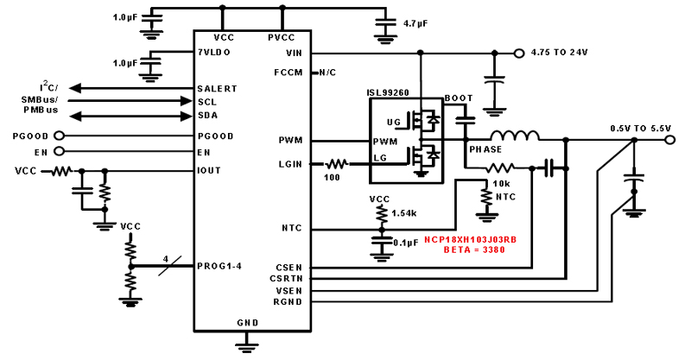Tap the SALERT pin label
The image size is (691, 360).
click(217, 88)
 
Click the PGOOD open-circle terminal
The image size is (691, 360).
click(59, 136)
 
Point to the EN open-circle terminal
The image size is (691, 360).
click(59, 152)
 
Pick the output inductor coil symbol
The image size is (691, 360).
click(516, 136)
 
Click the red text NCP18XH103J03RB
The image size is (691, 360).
click(470, 240)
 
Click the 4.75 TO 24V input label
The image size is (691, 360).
click(560, 53)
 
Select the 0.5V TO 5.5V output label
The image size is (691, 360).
click(641, 128)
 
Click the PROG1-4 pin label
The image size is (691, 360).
click(219, 265)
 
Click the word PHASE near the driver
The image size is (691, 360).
click(485, 149)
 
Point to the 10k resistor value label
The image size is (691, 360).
click(500, 184)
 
